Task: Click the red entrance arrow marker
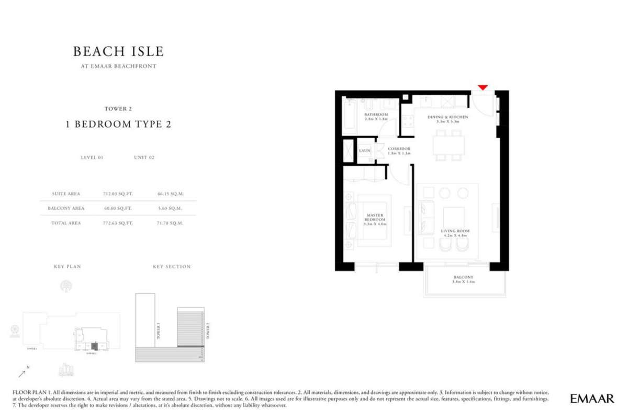coord(483,87)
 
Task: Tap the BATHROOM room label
coord(376,115)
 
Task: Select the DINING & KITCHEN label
coord(447,117)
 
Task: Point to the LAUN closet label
coord(365,151)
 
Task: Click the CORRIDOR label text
coord(399,149)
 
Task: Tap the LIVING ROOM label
coord(455,231)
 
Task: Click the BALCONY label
coord(464,277)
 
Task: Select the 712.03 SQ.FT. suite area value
coord(118,194)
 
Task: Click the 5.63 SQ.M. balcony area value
coord(170,208)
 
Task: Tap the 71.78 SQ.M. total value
coord(170,223)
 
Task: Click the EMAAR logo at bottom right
coord(592,399)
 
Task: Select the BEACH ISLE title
coord(118,51)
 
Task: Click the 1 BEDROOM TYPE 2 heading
coord(118,124)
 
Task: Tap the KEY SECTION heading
coord(172,267)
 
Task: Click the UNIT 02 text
coord(144,157)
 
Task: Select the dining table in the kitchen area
coord(448,145)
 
